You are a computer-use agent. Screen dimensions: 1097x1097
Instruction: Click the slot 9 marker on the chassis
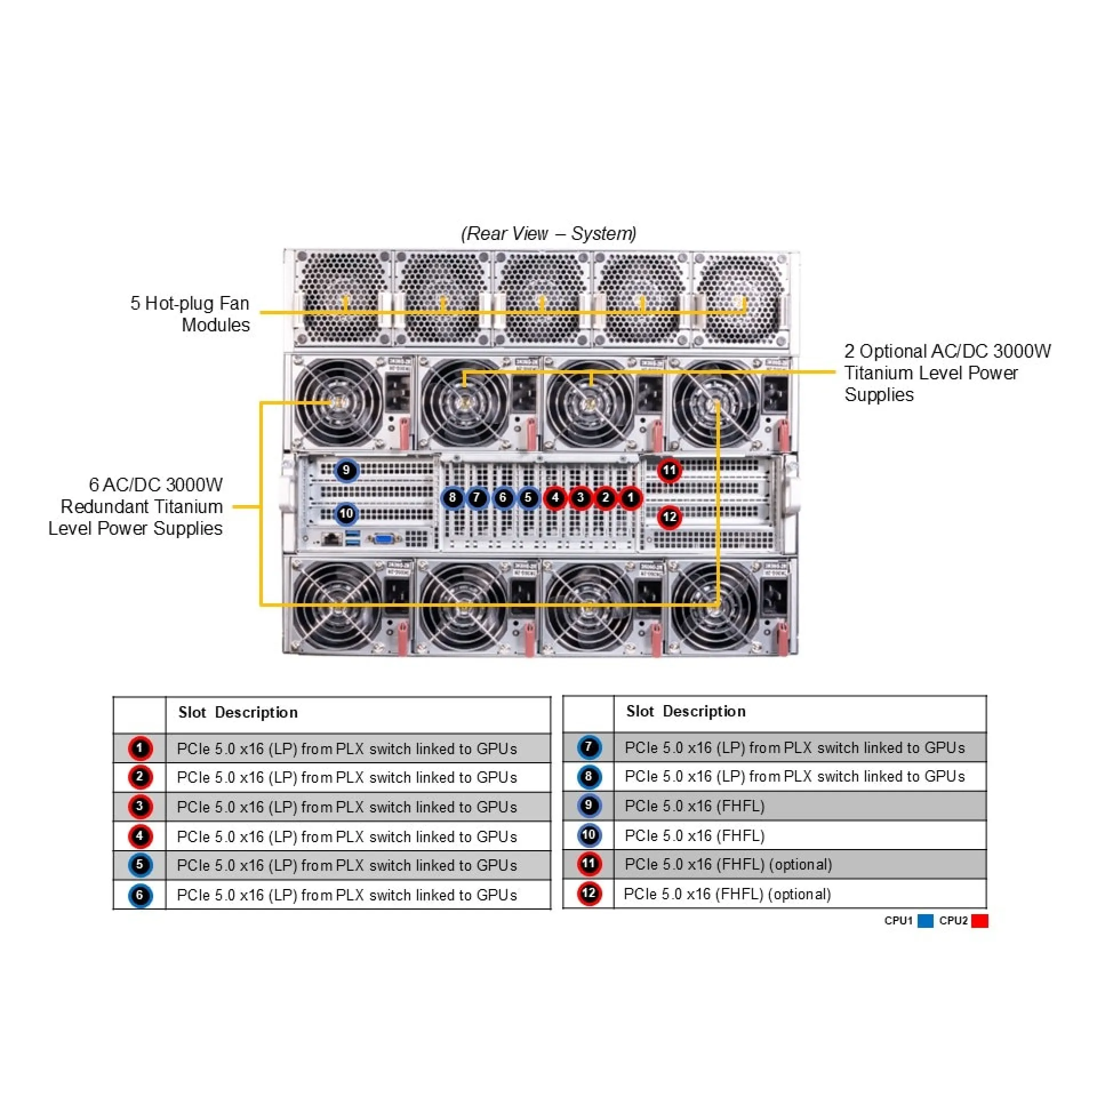[346, 470]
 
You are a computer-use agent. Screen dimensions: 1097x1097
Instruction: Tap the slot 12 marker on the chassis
[669, 517]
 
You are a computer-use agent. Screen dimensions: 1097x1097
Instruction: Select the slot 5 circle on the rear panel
[528, 498]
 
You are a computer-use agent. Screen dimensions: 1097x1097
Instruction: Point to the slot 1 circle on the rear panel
[630, 498]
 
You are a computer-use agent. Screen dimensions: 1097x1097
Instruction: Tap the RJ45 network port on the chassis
[330, 538]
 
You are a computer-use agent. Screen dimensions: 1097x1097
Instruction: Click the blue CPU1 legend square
[925, 921]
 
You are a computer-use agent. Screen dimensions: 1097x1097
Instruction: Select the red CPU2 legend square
[979, 921]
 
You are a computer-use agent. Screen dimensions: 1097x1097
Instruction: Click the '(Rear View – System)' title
[548, 233]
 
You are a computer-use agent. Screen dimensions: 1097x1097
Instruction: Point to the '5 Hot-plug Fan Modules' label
[190, 314]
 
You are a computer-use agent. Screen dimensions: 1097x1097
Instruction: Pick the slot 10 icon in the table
[588, 835]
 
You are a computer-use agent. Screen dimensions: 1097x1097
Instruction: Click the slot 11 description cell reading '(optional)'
[728, 864]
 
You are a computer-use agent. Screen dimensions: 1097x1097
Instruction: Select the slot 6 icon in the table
[139, 895]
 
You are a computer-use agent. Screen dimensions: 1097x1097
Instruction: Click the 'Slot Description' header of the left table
[238, 712]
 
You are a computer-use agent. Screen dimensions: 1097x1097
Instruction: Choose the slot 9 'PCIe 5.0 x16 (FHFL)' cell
[694, 806]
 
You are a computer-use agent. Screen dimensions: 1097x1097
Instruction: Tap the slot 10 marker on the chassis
[346, 514]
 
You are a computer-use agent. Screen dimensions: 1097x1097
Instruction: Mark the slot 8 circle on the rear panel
[452, 498]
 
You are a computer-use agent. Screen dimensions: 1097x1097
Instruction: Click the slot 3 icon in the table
[139, 807]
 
